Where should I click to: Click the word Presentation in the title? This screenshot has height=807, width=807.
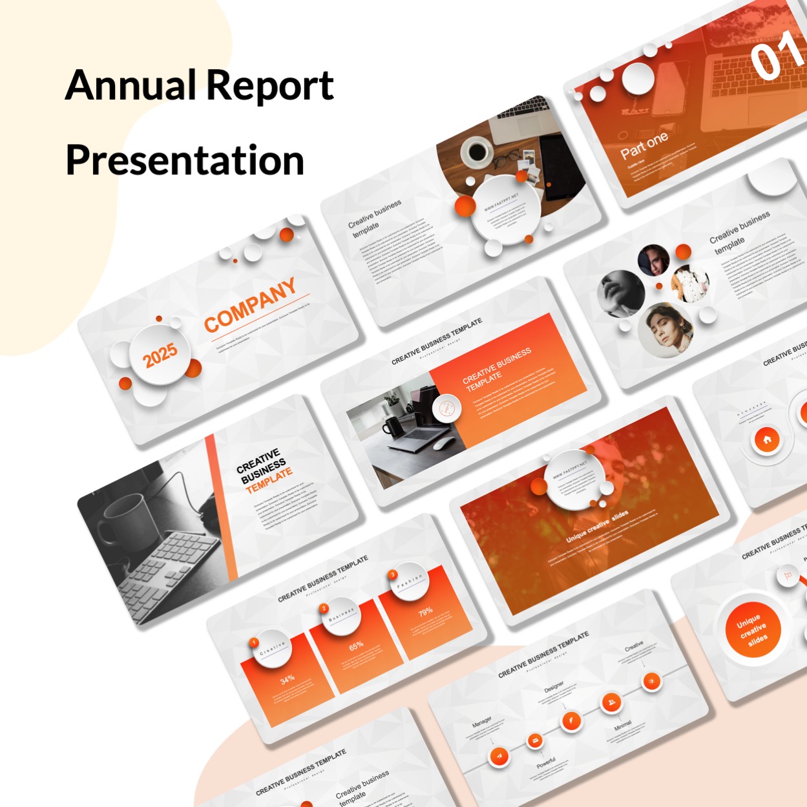pyautogui.click(x=185, y=160)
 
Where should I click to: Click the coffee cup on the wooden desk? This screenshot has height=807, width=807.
pyautogui.click(x=477, y=151)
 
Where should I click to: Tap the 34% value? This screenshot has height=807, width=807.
pyautogui.click(x=288, y=679)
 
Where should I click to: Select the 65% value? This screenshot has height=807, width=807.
pyautogui.click(x=356, y=645)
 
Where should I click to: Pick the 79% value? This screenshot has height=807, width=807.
pyautogui.click(x=425, y=612)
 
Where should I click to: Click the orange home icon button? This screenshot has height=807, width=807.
pyautogui.click(x=767, y=440)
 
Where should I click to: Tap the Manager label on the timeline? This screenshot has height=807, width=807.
pyautogui.click(x=481, y=721)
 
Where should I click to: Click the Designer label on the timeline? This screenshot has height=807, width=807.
pyautogui.click(x=554, y=686)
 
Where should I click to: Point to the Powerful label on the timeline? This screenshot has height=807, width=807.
pyautogui.click(x=546, y=763)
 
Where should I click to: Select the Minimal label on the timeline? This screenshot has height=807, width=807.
pyautogui.click(x=622, y=726)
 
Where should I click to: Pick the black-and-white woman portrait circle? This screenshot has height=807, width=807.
pyautogui.click(x=620, y=294)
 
